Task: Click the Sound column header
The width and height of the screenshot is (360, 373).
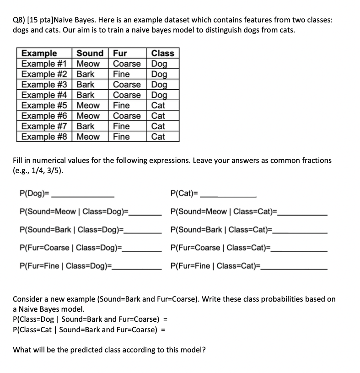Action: point(90,53)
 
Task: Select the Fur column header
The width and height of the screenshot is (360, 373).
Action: point(120,53)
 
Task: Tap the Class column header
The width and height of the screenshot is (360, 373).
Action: point(162,53)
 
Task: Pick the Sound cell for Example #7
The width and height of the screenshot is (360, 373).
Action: point(86,126)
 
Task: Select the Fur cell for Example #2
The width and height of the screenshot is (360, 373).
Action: point(122,74)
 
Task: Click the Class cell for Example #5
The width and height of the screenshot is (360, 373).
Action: point(158,105)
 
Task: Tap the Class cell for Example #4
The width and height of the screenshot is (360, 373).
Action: point(159,95)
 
